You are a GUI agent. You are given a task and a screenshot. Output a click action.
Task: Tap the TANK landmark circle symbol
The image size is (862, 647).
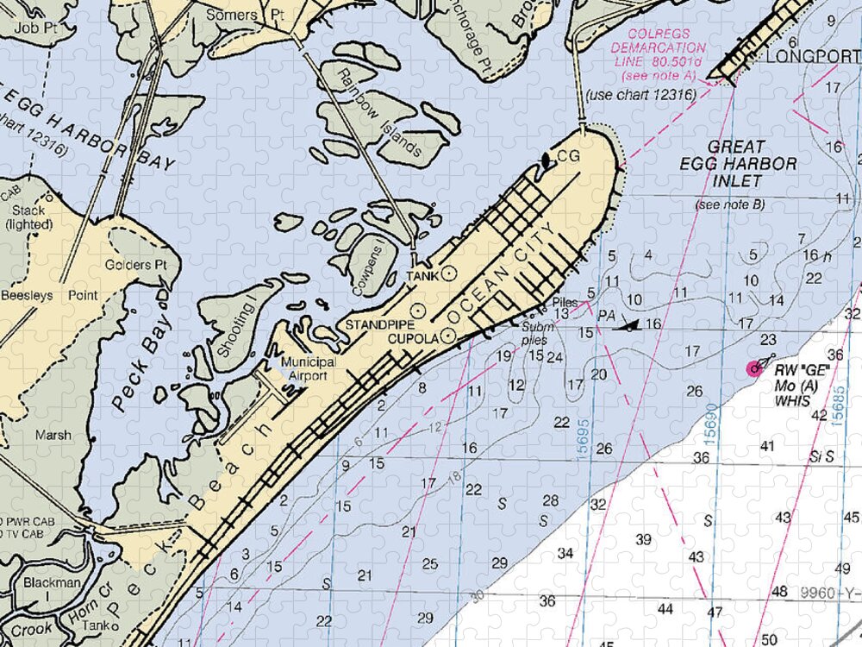tap(448, 274)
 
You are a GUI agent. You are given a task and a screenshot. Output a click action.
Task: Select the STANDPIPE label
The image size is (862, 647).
tap(379, 324)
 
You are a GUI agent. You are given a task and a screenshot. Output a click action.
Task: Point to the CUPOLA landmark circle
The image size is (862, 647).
tap(448, 336)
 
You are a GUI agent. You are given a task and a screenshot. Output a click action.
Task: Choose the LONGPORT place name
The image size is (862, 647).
tap(808, 57)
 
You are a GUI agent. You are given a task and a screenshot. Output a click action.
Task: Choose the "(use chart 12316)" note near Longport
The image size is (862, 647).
tap(640, 94)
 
